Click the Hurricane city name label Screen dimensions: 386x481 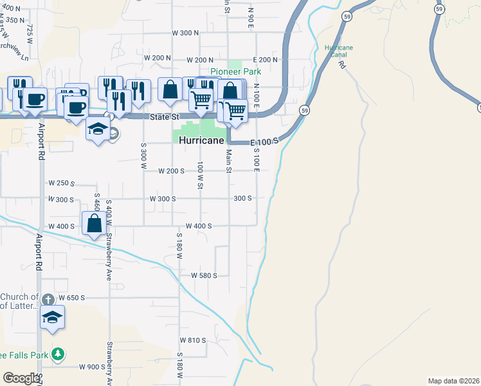(201, 140)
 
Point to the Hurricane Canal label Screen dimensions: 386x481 (338, 51)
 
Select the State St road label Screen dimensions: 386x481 (164, 117)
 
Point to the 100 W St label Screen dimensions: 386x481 (201, 176)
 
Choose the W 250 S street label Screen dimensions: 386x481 (62, 183)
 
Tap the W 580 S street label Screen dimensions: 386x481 (204, 275)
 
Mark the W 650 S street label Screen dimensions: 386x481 (71, 298)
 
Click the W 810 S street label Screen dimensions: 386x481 (192, 340)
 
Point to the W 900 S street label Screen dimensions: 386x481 (92, 367)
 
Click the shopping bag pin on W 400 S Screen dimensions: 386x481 (95, 223)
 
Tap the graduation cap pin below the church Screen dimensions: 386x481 (53, 317)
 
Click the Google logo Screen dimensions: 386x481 (21, 378)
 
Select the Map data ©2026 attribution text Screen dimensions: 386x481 (454, 381)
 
